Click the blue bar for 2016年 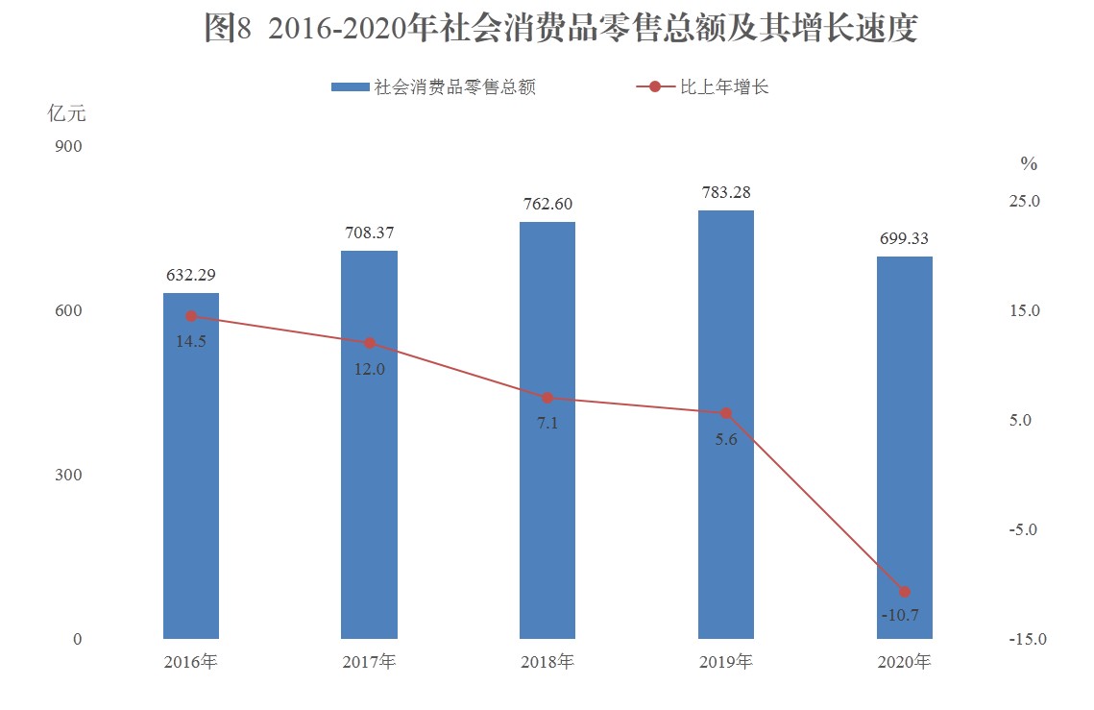(x=191, y=480)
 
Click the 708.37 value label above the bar (x=370, y=233)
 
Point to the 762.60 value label (x=547, y=204)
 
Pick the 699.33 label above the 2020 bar (x=904, y=238)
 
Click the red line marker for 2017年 (x=370, y=343)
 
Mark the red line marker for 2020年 (x=904, y=592)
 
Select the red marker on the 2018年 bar (x=547, y=398)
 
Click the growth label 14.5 (x=191, y=341)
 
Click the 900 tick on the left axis (x=72, y=146)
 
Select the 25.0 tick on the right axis (x=1024, y=202)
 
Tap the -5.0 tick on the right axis (x=1024, y=530)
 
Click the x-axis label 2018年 (x=547, y=662)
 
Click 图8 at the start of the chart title (x=228, y=29)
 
